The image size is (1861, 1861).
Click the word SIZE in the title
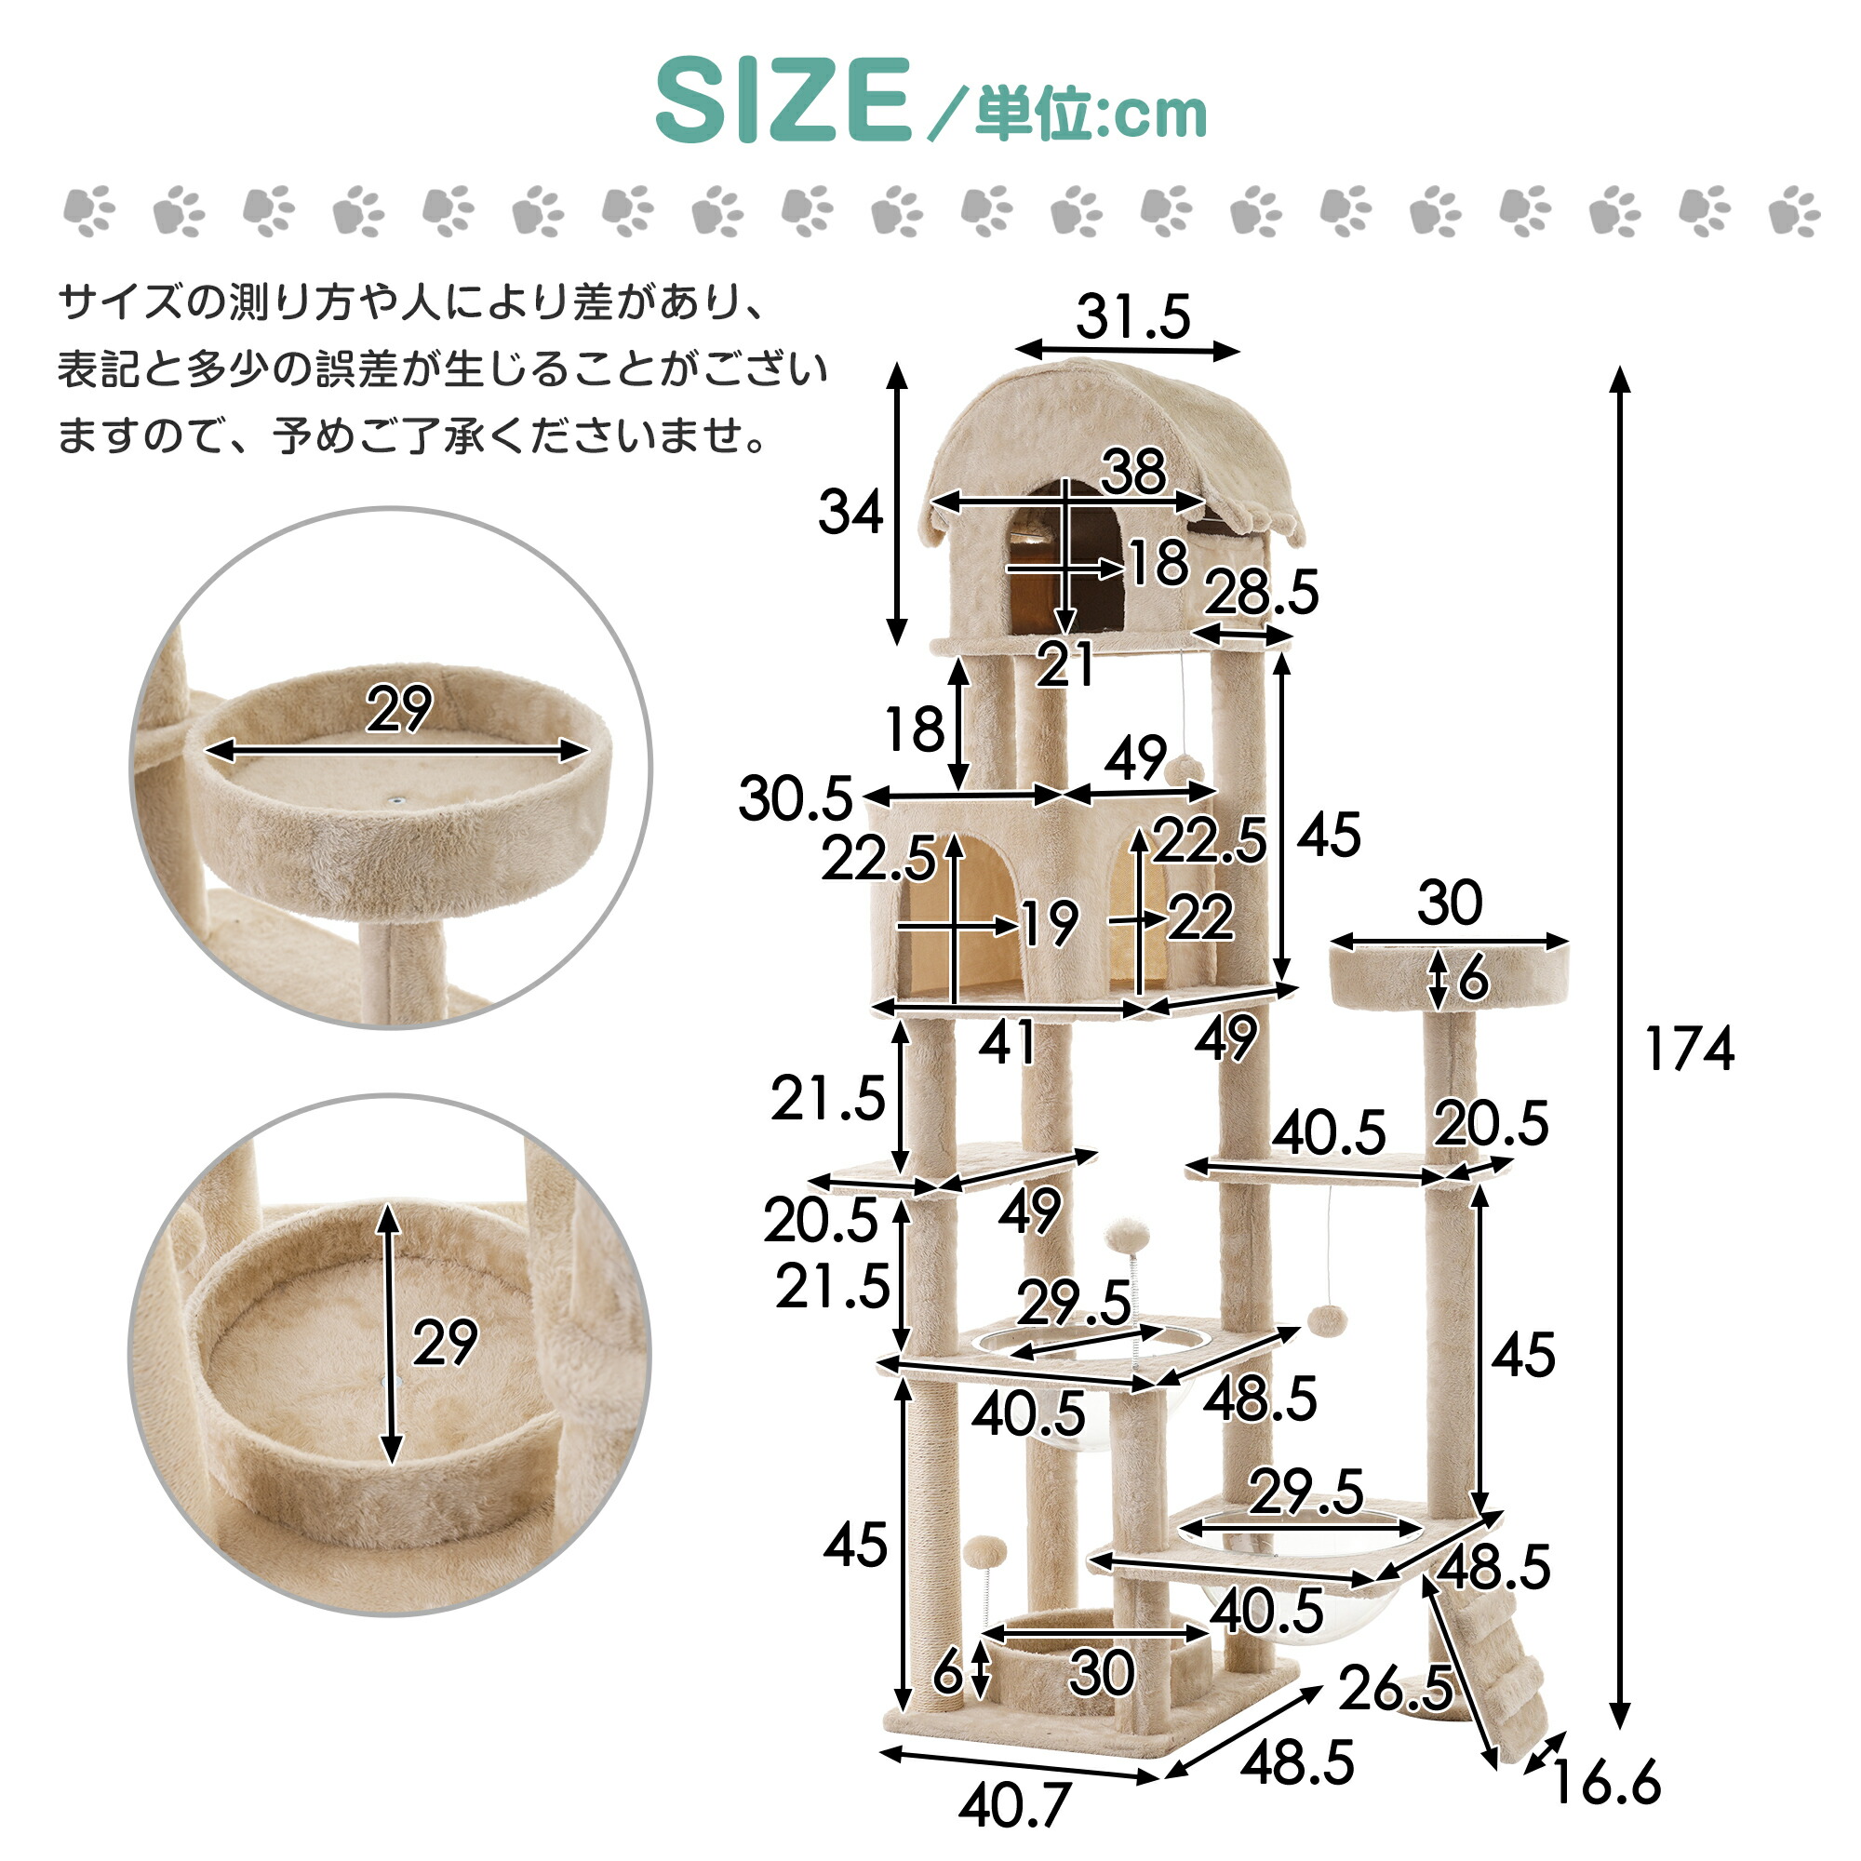click(783, 100)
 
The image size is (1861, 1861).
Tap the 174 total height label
click(1690, 1049)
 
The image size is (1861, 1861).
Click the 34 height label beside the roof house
click(850, 512)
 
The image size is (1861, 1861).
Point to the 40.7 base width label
click(1013, 1804)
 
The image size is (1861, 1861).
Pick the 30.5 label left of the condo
click(796, 798)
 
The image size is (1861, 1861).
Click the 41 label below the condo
click(1007, 1041)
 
